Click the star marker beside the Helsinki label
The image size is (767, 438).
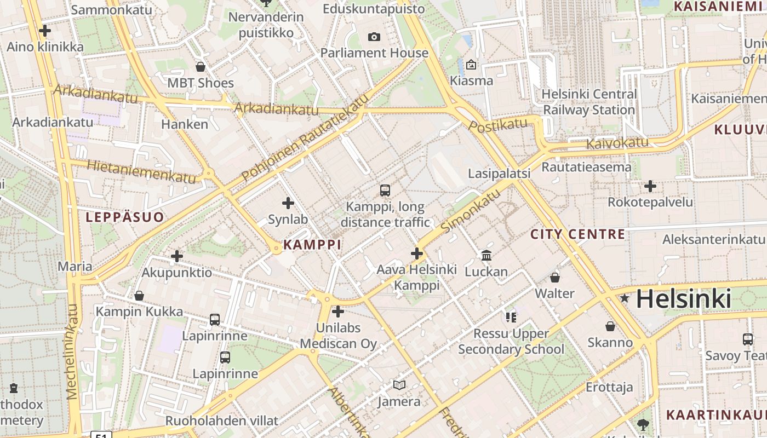[624, 298]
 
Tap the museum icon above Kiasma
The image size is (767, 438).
[471, 65]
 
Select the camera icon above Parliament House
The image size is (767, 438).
[374, 37]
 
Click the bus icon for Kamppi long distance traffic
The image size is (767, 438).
[385, 191]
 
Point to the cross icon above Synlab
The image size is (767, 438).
[288, 204]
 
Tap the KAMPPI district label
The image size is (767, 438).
[312, 245]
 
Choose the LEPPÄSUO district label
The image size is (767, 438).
[125, 217]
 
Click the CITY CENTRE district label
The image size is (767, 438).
[577, 234]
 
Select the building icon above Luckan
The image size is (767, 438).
[486, 255]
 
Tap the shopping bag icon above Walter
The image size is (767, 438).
[555, 278]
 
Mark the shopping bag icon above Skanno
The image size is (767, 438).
[610, 327]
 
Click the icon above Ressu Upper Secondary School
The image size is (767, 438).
[511, 318]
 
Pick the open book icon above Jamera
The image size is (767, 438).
[399, 385]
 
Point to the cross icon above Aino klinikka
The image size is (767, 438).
[45, 31]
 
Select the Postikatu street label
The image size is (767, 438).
[498, 125]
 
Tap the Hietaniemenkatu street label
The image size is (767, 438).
[133, 171]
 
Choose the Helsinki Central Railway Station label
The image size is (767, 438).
[588, 102]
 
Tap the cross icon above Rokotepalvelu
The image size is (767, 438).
[650, 186]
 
